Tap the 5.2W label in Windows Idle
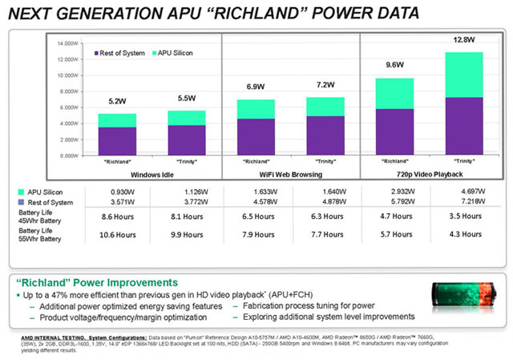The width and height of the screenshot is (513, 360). click(117, 101)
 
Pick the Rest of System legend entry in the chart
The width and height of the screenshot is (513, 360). click(120, 53)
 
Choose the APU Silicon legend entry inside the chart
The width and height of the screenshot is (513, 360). click(176, 53)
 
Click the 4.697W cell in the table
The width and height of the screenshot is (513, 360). click(457, 192)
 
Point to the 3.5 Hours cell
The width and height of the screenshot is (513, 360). click(457, 216)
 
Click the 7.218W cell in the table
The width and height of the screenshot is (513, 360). click(457, 203)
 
